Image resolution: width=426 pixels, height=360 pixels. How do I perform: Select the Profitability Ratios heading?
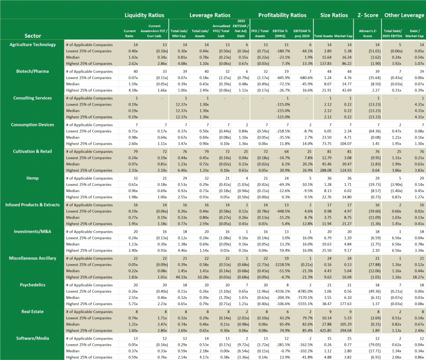282,15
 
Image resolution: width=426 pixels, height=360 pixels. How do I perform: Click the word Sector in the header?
32,36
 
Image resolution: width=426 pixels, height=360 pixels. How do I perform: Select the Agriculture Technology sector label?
32,44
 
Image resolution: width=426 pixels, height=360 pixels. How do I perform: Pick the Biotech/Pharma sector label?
32,71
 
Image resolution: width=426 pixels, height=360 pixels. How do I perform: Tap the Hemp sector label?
32,178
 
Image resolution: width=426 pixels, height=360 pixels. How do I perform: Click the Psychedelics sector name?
32,285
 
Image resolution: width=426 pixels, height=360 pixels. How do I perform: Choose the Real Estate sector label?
32,311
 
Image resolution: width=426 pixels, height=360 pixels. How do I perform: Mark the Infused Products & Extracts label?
32,205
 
